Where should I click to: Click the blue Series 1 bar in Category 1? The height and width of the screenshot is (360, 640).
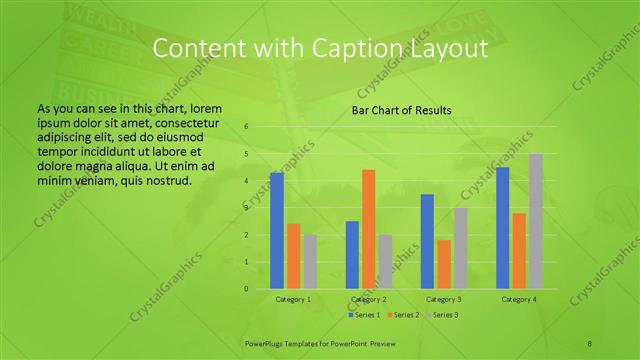[x=277, y=231]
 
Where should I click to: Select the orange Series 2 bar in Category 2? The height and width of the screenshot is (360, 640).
[x=369, y=229]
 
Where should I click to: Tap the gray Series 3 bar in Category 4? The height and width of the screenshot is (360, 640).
[x=536, y=221]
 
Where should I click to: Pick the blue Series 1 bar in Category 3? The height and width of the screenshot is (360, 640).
[x=427, y=241]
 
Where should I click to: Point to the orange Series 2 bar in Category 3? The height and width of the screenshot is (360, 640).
[x=444, y=264]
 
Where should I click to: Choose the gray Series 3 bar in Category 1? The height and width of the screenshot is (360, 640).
[x=310, y=262]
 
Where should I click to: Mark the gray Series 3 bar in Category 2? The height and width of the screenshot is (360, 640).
[x=385, y=262]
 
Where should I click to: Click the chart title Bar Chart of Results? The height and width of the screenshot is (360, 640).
[x=401, y=110]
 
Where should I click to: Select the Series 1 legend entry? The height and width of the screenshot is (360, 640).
[x=364, y=315]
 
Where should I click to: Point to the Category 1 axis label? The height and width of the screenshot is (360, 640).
[x=293, y=299]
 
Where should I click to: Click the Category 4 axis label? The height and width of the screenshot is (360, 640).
[x=518, y=299]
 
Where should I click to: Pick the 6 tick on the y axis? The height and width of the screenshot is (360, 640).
[x=246, y=127]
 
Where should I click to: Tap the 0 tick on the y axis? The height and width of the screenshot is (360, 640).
[x=246, y=289]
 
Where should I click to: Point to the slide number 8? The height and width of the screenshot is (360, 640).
[x=590, y=342]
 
